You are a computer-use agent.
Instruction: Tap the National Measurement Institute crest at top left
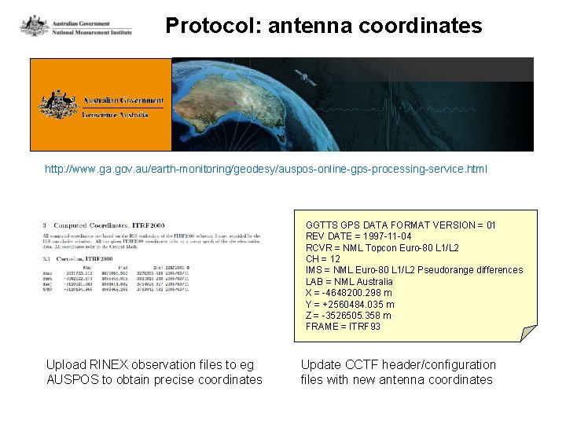[x=34, y=25]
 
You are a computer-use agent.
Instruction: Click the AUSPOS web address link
[x=266, y=169]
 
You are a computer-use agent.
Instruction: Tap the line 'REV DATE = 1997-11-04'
[x=358, y=236]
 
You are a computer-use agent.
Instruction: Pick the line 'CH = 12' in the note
[x=323, y=259]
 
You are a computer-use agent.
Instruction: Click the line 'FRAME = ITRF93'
[x=343, y=327]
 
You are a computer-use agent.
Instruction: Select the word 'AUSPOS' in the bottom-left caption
[x=72, y=380]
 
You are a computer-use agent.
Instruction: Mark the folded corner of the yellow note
[x=527, y=332]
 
